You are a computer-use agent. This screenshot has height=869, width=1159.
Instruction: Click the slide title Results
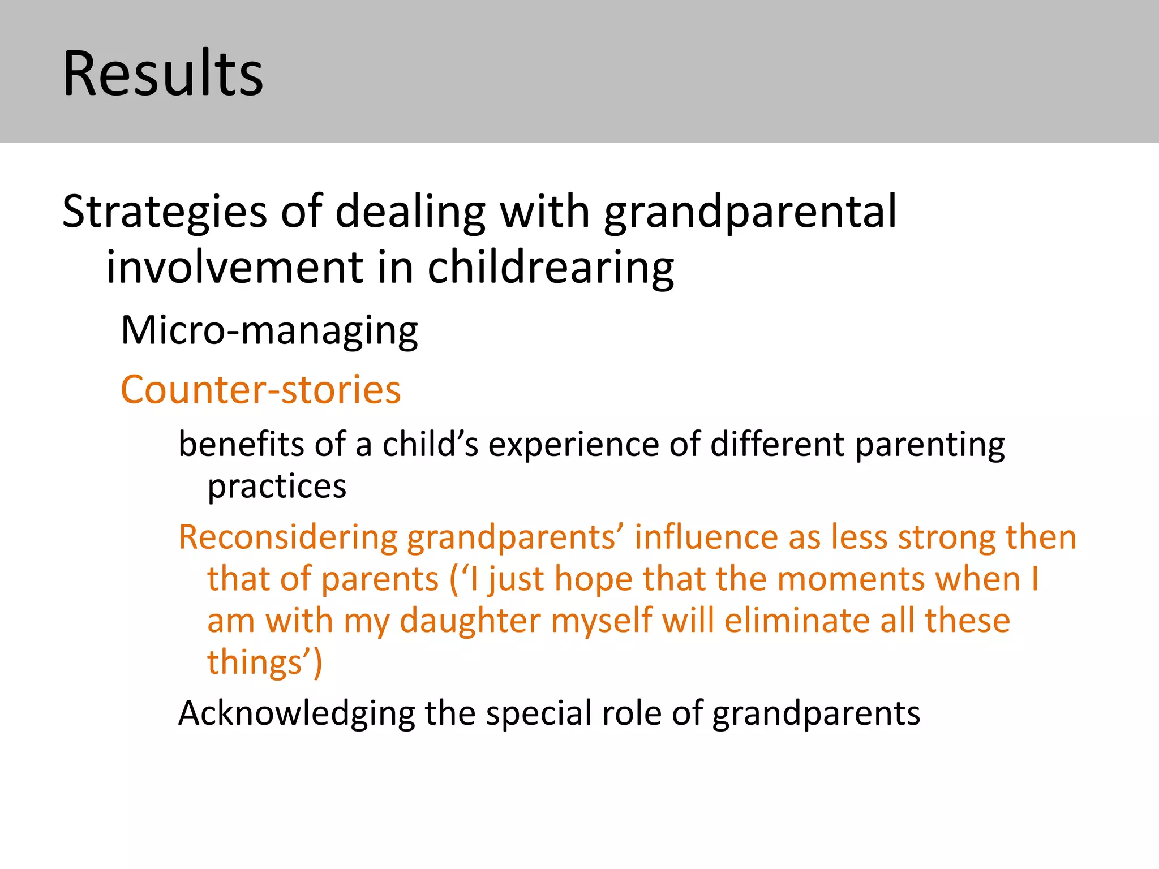coord(163,74)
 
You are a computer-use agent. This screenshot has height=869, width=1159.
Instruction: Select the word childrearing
coord(550,268)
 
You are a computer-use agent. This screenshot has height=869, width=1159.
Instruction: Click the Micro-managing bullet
coord(269,330)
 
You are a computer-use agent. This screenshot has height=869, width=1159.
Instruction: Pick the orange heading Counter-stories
coord(261,390)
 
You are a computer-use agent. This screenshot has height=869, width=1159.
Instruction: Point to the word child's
coord(430,444)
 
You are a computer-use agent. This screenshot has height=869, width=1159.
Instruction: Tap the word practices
coord(277,487)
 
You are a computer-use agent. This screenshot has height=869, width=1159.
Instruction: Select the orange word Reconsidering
coord(288,537)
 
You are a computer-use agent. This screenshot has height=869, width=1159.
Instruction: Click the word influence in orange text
coord(706,537)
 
